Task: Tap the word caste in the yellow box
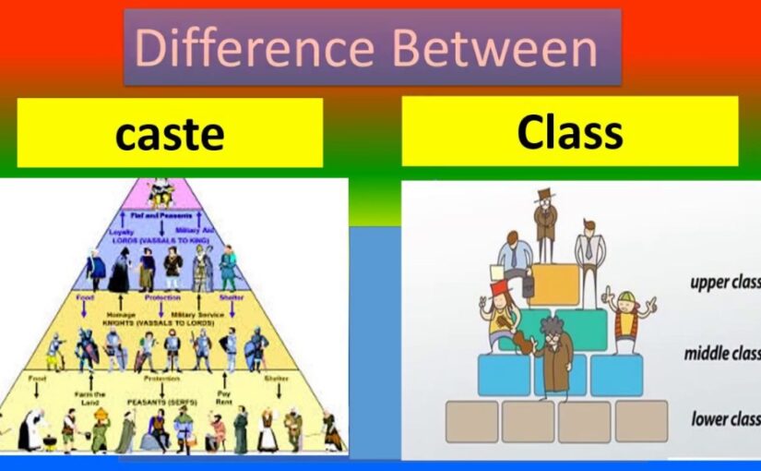[x=170, y=134]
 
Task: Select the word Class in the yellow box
[x=569, y=131]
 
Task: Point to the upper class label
[x=724, y=282]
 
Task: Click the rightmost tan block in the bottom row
[x=641, y=421]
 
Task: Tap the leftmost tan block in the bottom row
[x=472, y=421]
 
